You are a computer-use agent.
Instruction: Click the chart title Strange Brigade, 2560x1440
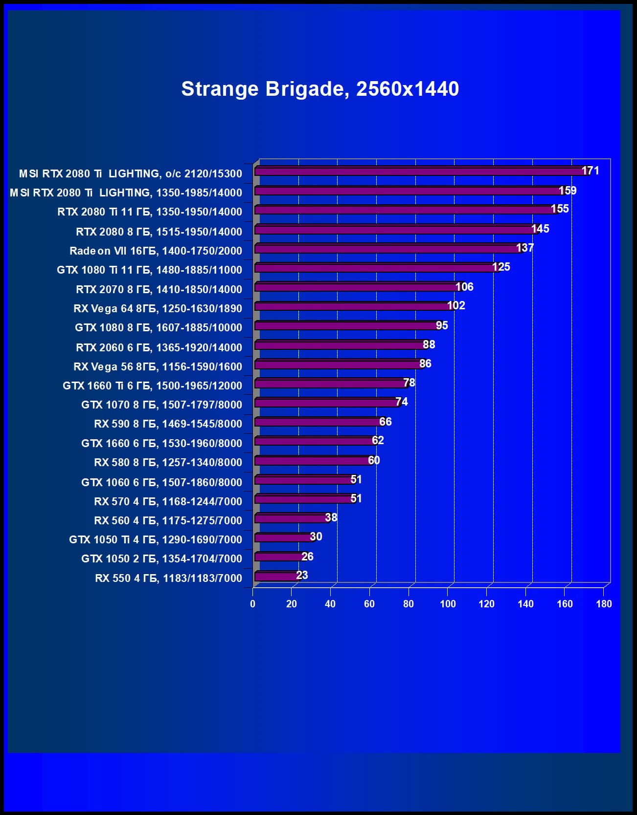click(320, 89)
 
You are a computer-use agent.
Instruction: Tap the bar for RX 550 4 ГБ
click(276, 577)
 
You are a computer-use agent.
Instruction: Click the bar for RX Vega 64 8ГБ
click(352, 306)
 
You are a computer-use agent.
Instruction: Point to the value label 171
click(590, 171)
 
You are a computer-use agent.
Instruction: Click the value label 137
click(524, 248)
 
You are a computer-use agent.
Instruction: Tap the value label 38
click(331, 517)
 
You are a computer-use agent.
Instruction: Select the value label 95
click(442, 325)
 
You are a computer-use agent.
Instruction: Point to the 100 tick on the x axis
click(448, 604)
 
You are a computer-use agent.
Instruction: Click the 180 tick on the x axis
click(604, 604)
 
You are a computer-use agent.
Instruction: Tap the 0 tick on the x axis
click(252, 604)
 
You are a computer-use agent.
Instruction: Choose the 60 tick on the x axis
click(369, 604)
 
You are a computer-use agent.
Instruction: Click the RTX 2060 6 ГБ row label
click(159, 347)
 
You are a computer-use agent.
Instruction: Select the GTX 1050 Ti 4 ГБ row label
click(155, 539)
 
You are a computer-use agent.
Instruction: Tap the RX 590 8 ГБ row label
click(168, 424)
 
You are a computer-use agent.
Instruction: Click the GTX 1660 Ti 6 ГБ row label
click(152, 386)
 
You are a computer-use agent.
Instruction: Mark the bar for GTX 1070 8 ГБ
click(326, 403)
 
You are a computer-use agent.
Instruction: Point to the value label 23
click(302, 575)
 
